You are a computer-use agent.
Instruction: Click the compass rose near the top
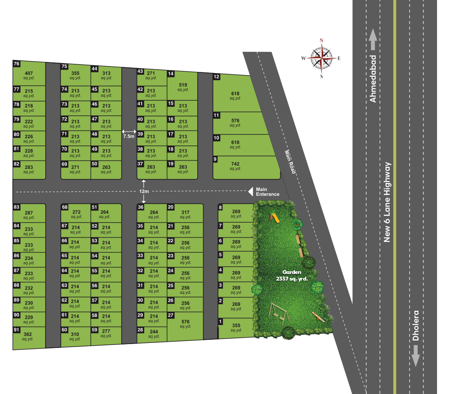(x=321, y=58)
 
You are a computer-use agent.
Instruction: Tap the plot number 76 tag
(x=16, y=64)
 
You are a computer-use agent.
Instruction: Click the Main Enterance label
(x=267, y=192)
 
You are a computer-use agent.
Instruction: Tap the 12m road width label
(x=144, y=191)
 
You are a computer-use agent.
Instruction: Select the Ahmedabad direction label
(x=373, y=79)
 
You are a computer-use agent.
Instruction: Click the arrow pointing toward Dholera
(x=416, y=355)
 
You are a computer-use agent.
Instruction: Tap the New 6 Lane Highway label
(x=387, y=202)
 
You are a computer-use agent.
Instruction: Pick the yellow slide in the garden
(x=275, y=218)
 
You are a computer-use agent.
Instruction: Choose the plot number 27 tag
(x=171, y=315)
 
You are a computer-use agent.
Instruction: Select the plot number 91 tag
(x=16, y=330)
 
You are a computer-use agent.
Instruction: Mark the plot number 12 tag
(x=217, y=77)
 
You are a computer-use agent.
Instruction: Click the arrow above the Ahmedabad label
(x=373, y=40)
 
